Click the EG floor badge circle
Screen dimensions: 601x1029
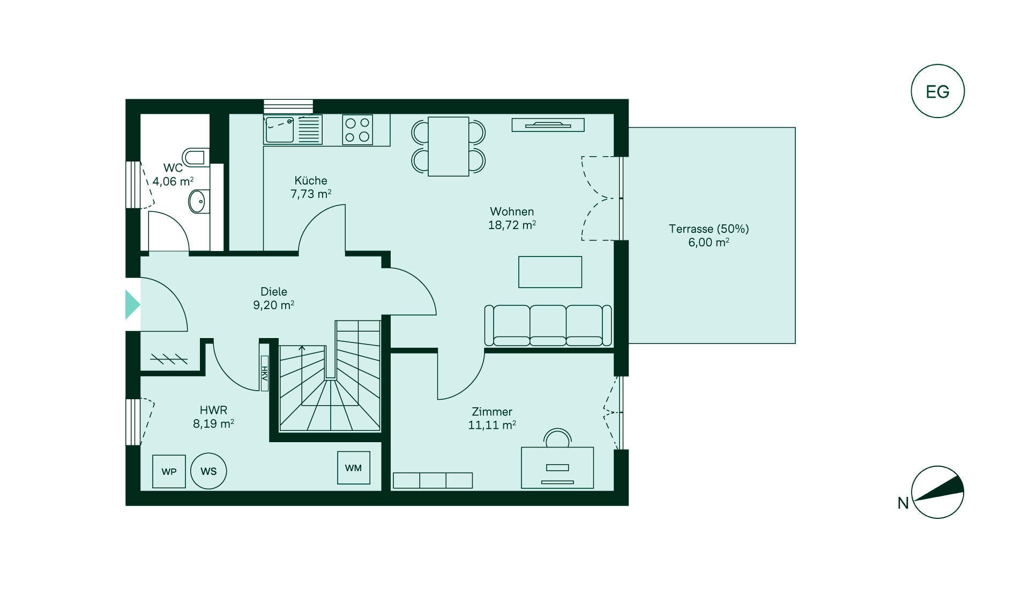point(937,91)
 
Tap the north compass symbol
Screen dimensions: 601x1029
point(937,492)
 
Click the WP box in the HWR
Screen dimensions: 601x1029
point(169,471)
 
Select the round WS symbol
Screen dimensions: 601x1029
point(208,471)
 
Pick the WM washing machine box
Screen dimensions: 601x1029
point(353,468)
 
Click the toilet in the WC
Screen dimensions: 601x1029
point(195,157)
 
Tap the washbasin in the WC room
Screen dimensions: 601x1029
point(197,202)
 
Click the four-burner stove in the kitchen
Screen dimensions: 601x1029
point(357,130)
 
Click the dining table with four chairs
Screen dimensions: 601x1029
point(449,146)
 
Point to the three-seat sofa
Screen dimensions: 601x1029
point(548,325)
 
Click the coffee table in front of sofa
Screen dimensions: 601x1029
point(550,272)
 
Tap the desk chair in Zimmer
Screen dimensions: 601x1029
point(557,438)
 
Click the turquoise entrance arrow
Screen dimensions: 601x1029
point(132,305)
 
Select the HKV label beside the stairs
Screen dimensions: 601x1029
point(264,373)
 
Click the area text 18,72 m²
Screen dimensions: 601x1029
point(512,225)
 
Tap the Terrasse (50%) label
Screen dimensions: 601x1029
point(709,229)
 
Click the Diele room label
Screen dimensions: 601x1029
point(274,291)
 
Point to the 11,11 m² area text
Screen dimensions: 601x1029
point(492,426)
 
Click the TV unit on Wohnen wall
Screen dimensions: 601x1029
point(548,125)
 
